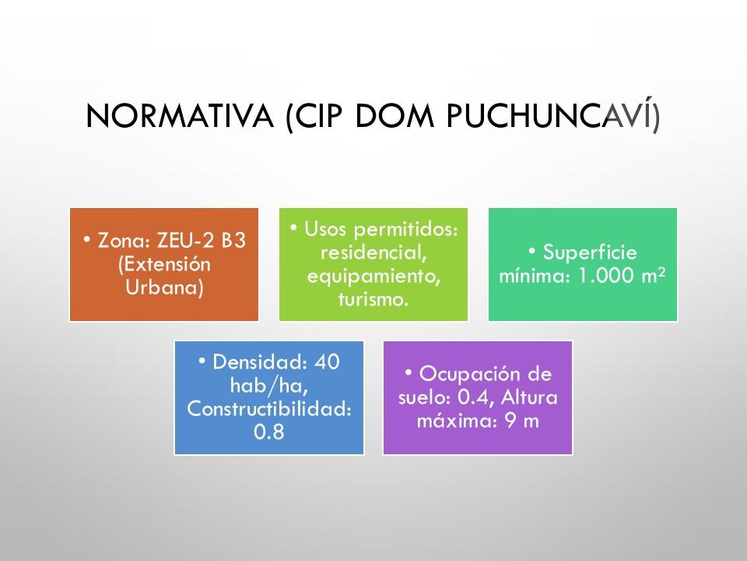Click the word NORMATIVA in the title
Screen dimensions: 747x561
tap(180, 116)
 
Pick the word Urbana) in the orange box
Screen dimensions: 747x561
tap(164, 288)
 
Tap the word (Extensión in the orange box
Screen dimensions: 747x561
tap(164, 264)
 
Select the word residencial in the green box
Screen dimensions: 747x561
tap(373, 252)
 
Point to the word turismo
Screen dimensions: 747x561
tap(373, 299)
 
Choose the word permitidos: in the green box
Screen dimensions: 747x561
tap(406, 229)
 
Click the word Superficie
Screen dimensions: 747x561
tap(590, 252)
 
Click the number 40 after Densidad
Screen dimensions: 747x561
tap(328, 362)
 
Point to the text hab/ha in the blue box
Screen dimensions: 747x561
tap(268, 385)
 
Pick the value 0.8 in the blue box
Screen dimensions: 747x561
tap(268, 432)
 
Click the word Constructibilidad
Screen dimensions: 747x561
tap(268, 408)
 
